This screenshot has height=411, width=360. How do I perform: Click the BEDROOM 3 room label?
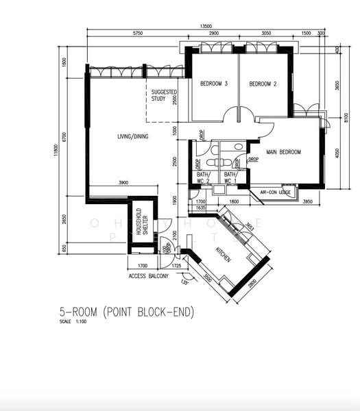coord(213,84)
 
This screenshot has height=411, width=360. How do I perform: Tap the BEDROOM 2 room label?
coord(262,84)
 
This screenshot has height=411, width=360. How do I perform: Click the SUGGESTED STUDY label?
coord(163,95)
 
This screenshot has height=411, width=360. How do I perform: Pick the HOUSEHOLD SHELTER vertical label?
coord(141,221)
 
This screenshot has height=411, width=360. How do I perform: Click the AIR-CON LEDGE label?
coord(276,193)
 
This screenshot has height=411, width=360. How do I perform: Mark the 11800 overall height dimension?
coord(57,160)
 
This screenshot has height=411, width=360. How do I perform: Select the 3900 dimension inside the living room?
coord(125,183)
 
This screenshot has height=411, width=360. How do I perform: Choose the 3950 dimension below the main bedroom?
coord(307,201)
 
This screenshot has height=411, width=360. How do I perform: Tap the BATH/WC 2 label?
coord(203,177)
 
